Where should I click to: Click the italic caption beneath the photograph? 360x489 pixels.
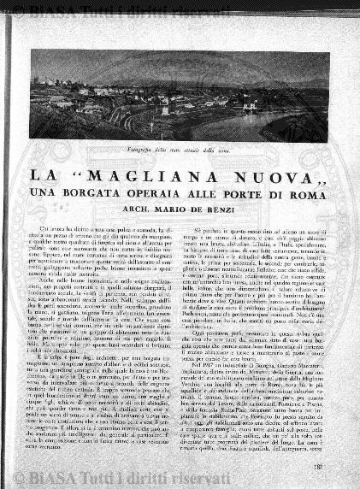(x=180, y=151)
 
